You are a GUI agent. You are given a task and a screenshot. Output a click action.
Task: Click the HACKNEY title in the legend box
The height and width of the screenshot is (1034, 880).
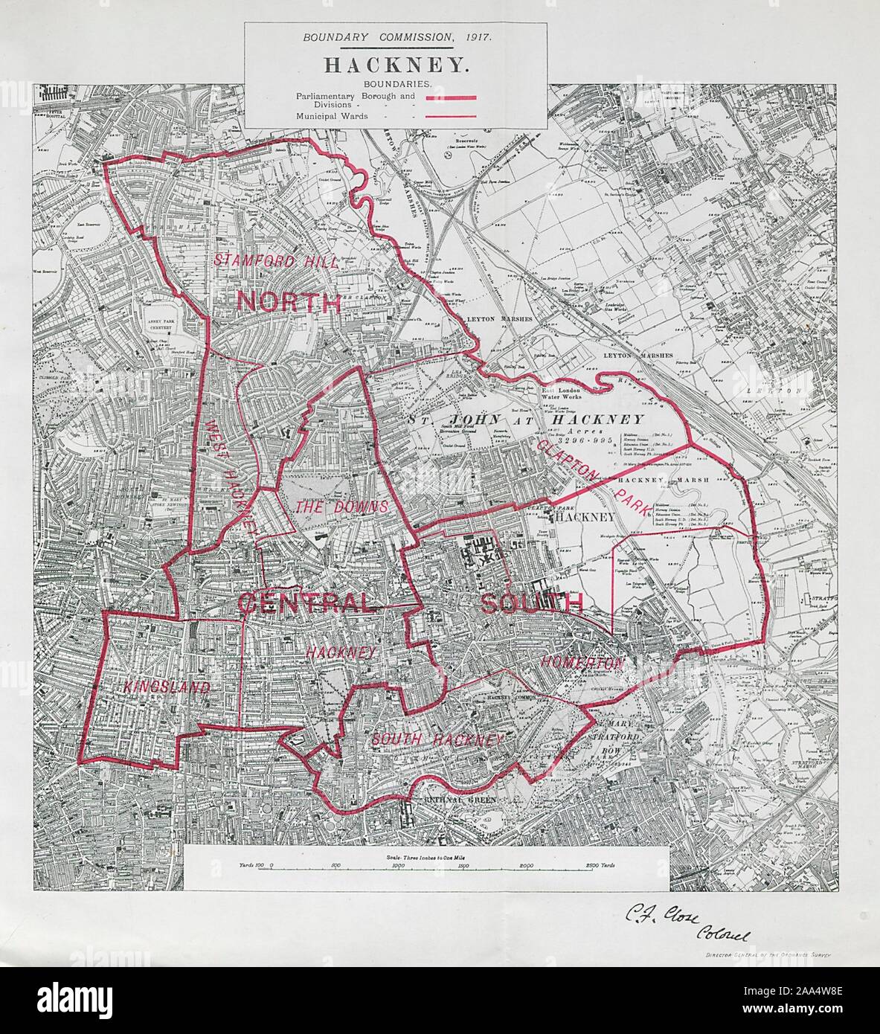point(396,65)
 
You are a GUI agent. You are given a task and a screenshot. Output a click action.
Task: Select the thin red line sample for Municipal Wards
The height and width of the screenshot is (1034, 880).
point(449,116)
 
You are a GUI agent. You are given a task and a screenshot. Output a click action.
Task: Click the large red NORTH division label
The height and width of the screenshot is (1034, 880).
point(289,303)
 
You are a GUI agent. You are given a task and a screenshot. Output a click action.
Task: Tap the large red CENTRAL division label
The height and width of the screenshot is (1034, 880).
point(304,603)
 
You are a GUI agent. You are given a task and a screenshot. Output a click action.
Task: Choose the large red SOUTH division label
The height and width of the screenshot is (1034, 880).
point(531,603)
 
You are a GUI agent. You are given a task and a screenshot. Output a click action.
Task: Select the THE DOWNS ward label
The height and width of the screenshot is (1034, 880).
point(341,507)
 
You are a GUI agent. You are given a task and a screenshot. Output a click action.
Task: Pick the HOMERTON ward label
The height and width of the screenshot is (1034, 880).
point(577,662)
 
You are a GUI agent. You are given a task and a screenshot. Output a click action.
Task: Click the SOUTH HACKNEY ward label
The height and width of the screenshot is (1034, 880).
point(437,740)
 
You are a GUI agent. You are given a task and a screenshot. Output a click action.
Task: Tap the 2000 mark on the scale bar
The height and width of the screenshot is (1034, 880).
point(525,866)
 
